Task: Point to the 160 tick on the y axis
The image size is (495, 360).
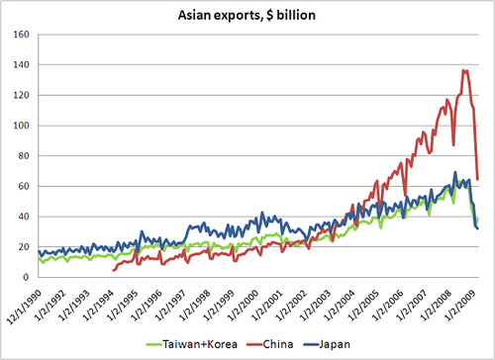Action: [x=22, y=36]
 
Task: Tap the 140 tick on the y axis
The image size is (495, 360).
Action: [x=22, y=65]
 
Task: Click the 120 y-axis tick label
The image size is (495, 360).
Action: [x=22, y=96]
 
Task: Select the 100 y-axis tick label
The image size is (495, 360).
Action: [x=22, y=126]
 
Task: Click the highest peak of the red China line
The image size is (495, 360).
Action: [x=464, y=70]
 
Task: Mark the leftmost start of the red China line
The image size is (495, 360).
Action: [x=115, y=269]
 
